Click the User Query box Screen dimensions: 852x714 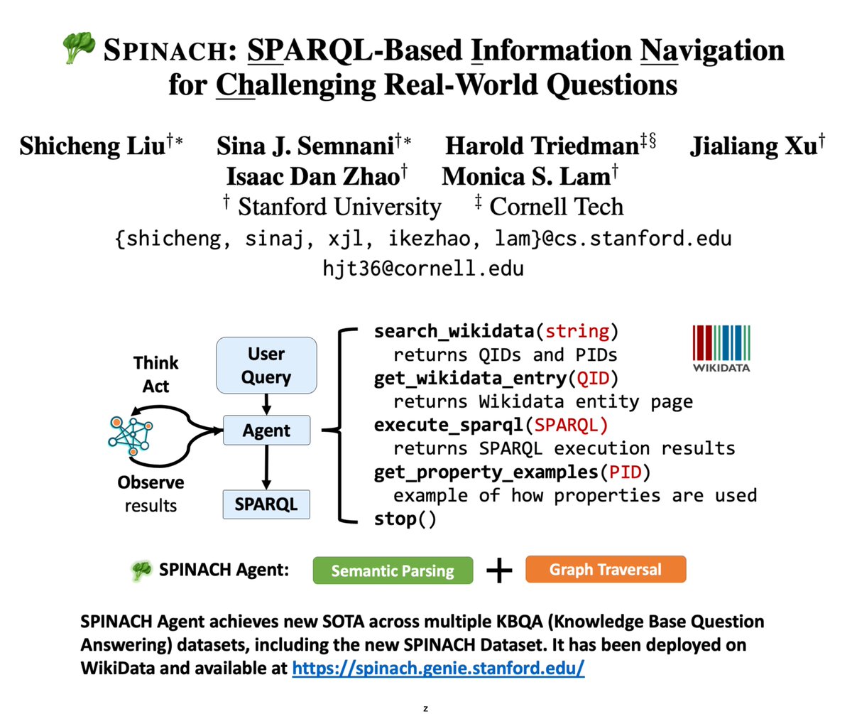click(266, 365)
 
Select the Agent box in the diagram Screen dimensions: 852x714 click(266, 430)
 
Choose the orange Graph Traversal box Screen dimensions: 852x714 click(606, 569)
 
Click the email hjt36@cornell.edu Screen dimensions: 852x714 click(423, 269)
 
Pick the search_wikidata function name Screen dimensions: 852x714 click(454, 331)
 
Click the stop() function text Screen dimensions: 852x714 click(405, 519)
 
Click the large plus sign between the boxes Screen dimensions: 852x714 click(500, 570)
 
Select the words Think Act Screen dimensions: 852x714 click(156, 374)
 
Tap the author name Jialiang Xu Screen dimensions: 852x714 click(752, 146)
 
